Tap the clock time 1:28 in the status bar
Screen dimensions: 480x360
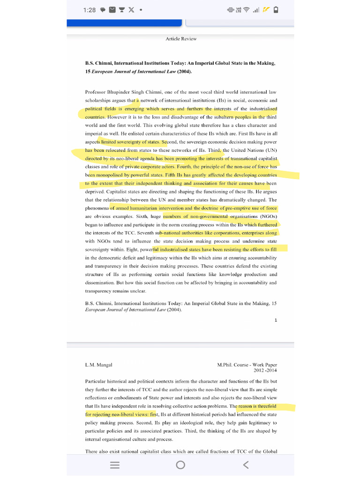pyautogui.click(x=89, y=10)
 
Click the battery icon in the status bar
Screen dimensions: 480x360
pyautogui.click(x=276, y=10)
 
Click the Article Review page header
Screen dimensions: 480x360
pyautogui.click(x=181, y=39)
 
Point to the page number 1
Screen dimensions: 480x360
pyautogui.click(x=276, y=320)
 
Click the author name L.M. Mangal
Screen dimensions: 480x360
pyautogui.click(x=98, y=365)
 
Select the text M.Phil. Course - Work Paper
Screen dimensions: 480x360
pyautogui.click(x=247, y=365)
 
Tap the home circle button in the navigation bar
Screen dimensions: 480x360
pyautogui.click(x=180, y=465)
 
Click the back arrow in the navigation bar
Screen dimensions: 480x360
pyautogui.click(x=246, y=465)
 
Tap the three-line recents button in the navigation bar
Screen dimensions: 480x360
pyautogui.click(x=114, y=465)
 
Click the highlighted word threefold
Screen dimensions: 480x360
pyautogui.click(x=265, y=406)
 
